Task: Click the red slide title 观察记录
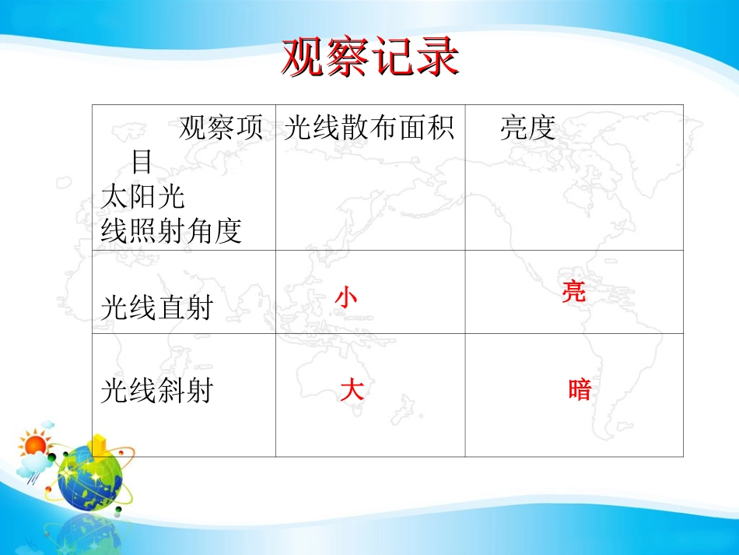(x=370, y=58)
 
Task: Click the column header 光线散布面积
(x=369, y=128)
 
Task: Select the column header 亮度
(x=528, y=128)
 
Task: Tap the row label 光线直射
(x=157, y=307)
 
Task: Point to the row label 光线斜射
(x=157, y=391)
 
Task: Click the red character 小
(x=346, y=297)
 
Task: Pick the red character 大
(x=352, y=391)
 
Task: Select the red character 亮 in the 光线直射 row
(x=574, y=291)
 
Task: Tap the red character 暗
(x=580, y=391)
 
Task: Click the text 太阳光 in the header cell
(x=142, y=196)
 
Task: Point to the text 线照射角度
(x=171, y=230)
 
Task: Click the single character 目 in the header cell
(x=142, y=162)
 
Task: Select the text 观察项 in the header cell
(x=221, y=128)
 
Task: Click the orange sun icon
(x=35, y=444)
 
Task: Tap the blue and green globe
(x=89, y=477)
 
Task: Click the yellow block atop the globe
(x=100, y=444)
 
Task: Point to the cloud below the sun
(x=33, y=465)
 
